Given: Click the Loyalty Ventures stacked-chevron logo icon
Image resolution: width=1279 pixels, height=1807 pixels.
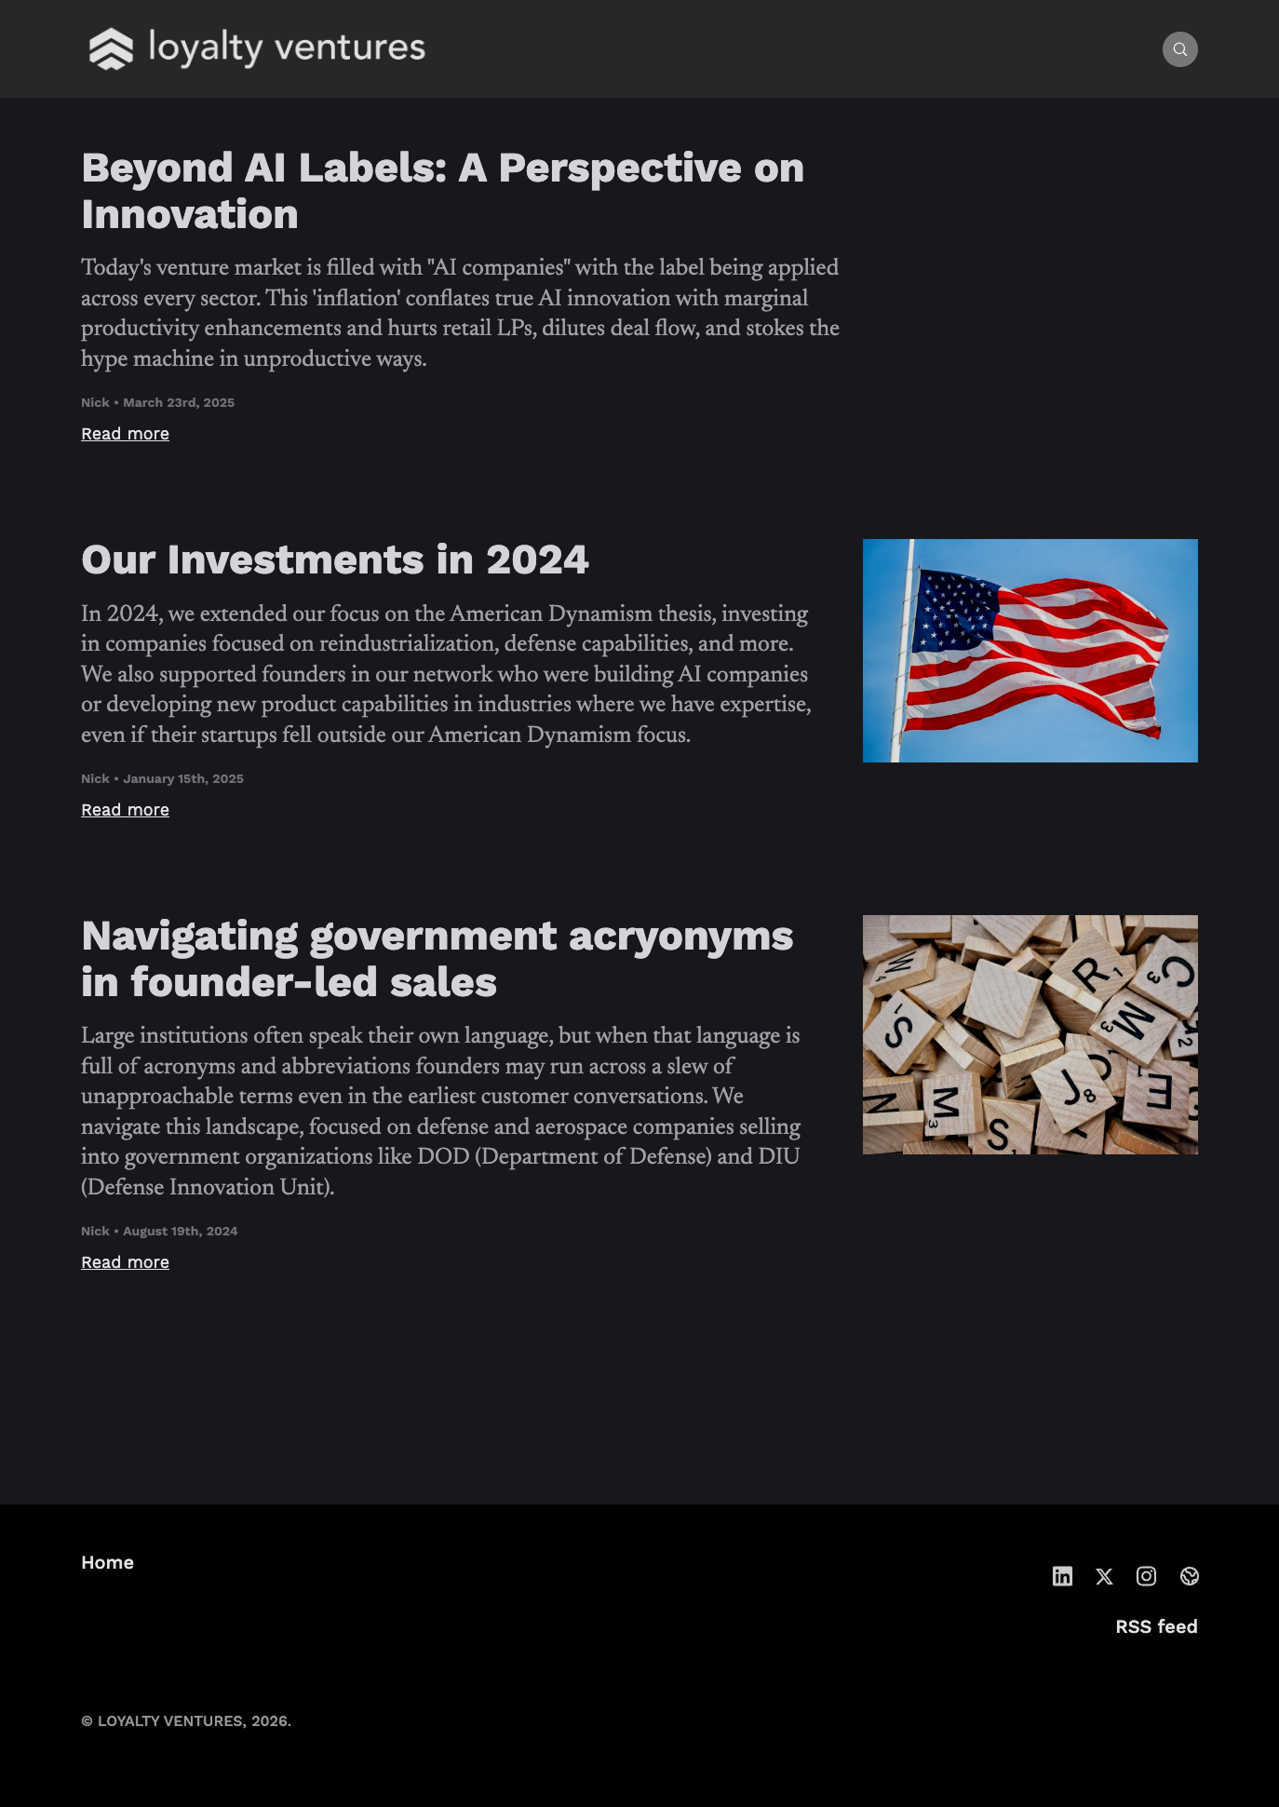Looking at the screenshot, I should coord(111,48).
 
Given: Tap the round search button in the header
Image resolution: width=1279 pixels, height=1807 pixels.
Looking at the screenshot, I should coord(1179,49).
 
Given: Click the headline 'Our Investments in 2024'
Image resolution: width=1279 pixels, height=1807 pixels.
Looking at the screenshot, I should coord(335,560).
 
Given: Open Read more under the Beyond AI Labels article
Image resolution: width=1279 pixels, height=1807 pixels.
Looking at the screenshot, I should coord(125,434).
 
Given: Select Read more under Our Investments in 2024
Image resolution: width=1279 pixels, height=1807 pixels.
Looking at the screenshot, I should coord(125,810).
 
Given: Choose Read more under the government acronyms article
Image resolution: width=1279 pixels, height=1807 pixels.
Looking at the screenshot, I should coord(125,1262).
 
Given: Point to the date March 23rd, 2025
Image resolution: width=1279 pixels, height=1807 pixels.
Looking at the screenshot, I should coord(179,403).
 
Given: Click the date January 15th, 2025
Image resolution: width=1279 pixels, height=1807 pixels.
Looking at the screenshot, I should coord(183,779).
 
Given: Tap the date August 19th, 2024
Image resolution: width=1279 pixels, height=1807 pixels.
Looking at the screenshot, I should coord(180,1232).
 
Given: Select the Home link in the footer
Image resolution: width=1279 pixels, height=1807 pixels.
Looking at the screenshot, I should coord(107,1563).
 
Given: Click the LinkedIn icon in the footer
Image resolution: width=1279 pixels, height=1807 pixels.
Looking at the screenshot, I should coord(1062,1576).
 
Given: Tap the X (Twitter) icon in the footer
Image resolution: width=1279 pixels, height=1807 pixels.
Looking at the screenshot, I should coord(1104,1576).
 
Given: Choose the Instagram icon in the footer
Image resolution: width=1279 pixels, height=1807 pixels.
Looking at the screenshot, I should coord(1146,1576).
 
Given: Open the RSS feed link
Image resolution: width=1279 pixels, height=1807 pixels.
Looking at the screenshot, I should coord(1156,1627).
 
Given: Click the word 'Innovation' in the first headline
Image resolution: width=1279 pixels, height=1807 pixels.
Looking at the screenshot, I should coord(190,215).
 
